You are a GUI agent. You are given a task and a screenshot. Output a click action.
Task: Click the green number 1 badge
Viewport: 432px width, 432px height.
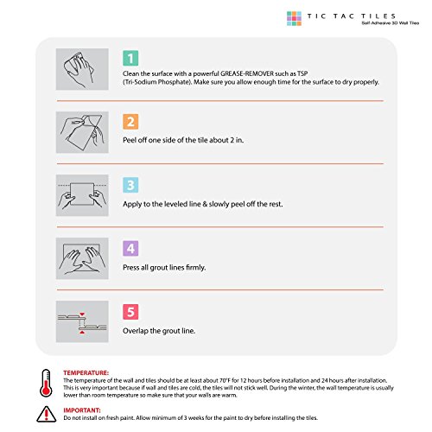(x=130, y=58)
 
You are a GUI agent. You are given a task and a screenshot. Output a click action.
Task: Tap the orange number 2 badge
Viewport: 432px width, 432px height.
(x=130, y=122)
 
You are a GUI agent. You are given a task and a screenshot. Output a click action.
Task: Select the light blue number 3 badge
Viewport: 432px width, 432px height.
(x=130, y=185)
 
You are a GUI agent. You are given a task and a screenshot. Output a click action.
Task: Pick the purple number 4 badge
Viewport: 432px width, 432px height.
(x=130, y=248)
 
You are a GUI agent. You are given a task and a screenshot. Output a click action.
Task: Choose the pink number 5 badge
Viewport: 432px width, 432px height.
(x=130, y=312)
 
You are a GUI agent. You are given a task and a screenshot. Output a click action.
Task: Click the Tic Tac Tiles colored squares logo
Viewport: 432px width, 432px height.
(x=294, y=18)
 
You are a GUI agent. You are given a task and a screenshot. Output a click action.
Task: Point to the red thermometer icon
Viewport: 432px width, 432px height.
(x=46, y=383)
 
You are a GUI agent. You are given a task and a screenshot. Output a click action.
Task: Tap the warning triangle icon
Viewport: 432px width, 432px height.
(x=47, y=414)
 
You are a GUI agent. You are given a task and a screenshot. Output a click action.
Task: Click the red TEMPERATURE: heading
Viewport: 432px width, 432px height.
(x=86, y=373)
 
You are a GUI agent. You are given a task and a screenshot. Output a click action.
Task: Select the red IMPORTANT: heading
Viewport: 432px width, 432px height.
(x=82, y=410)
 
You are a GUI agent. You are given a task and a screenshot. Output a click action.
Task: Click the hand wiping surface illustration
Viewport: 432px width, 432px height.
(x=82, y=69)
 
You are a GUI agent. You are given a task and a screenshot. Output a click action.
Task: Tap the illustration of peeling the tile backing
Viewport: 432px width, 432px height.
(x=82, y=132)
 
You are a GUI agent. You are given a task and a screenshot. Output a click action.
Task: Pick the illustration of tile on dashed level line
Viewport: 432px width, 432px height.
(x=82, y=195)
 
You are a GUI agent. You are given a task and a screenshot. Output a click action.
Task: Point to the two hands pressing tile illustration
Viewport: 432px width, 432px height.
(x=82, y=258)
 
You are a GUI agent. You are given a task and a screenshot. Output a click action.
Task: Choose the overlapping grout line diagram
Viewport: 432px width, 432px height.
(x=82, y=321)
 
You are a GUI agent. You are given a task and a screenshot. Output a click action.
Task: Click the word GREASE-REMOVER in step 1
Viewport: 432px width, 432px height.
(x=247, y=73)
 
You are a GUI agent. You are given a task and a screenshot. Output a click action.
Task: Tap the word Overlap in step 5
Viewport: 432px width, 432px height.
(x=135, y=331)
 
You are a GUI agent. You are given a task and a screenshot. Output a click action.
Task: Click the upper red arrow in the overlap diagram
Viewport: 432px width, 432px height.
(x=82, y=314)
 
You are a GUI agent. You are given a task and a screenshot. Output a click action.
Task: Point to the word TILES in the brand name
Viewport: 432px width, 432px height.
(x=378, y=16)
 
